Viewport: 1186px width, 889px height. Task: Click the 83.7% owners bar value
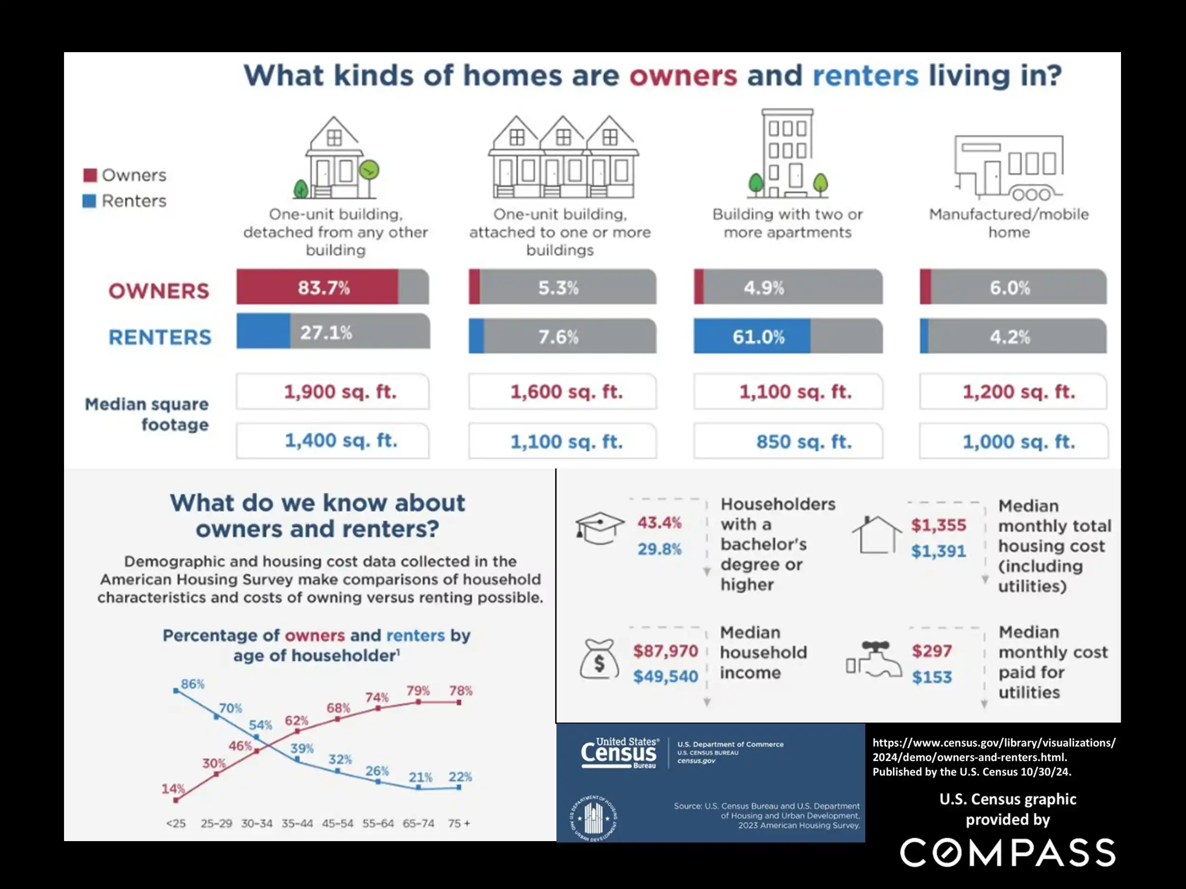pyautogui.click(x=324, y=288)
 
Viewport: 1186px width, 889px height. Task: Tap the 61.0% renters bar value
pyautogui.click(x=758, y=337)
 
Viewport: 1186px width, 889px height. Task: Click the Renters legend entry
pyautogui.click(x=125, y=201)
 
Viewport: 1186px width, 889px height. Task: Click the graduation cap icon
pyautogui.click(x=600, y=528)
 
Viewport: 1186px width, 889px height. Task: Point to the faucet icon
pyautogui.click(x=874, y=660)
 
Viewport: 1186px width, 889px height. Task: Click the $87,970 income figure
pyautogui.click(x=666, y=651)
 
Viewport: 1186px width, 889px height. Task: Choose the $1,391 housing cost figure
pyautogui.click(x=938, y=551)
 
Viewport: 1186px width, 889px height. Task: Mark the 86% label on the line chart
pyautogui.click(x=193, y=684)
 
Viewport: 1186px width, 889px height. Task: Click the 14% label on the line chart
pyautogui.click(x=173, y=789)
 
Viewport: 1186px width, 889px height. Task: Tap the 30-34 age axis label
pyautogui.click(x=257, y=824)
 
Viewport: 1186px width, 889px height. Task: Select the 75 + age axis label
pyautogui.click(x=459, y=824)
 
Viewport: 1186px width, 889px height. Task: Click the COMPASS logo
pyautogui.click(x=1008, y=852)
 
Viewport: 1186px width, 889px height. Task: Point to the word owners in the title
pyautogui.click(x=683, y=75)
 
